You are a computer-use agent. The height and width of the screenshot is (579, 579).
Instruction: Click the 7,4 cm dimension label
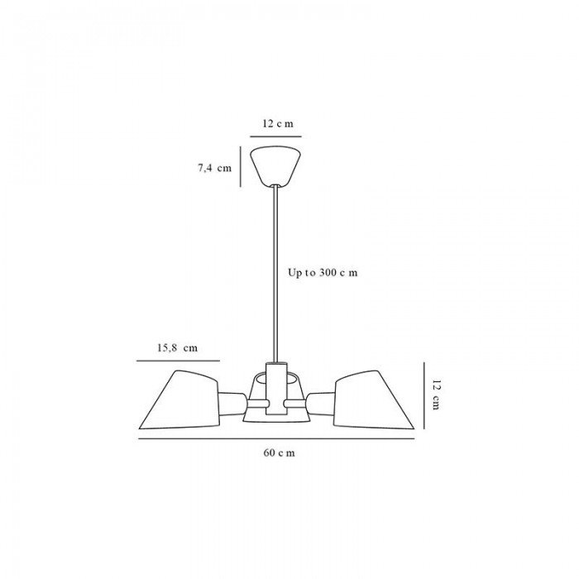coord(214,168)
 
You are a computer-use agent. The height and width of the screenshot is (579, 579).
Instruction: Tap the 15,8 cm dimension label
coord(178,348)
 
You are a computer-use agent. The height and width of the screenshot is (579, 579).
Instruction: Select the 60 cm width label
coord(280,452)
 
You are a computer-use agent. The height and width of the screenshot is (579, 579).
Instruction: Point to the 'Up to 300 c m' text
coord(323,273)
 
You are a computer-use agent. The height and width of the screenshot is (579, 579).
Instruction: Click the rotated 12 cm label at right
coord(436,395)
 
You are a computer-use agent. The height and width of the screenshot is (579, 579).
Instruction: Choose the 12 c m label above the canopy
coord(278,123)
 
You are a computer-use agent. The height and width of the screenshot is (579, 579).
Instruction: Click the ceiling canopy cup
coord(275,166)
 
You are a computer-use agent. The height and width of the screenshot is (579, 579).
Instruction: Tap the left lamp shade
coord(179,400)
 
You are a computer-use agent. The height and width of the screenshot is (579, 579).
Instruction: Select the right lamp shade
coord(373,400)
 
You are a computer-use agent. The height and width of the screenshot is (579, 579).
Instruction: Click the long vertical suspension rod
coord(275,274)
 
